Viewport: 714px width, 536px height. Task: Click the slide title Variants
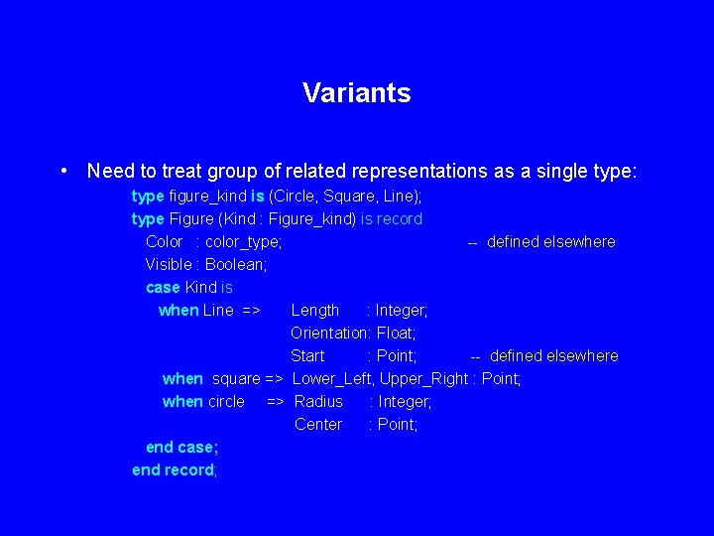pos(357,93)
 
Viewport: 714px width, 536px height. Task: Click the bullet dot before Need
pos(63,171)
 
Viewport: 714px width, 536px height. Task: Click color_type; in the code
pos(244,241)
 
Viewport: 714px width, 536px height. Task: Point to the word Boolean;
pos(236,264)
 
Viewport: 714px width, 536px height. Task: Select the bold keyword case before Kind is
pos(163,287)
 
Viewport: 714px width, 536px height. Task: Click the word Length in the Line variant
pos(315,310)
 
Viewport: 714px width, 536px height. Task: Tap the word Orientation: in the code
pos(331,333)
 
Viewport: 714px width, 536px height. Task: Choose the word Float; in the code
pos(397,333)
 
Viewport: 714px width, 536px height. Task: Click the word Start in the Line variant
pos(307,355)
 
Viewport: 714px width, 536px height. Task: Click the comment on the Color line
pos(541,241)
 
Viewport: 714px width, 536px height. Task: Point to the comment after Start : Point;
pos(544,355)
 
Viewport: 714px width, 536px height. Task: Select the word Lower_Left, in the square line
pos(333,378)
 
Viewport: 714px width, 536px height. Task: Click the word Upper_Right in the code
pos(423,378)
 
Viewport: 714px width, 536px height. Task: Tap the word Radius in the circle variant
pos(318,401)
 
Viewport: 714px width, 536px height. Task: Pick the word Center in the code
pos(318,424)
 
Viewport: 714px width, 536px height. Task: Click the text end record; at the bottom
pos(175,469)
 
